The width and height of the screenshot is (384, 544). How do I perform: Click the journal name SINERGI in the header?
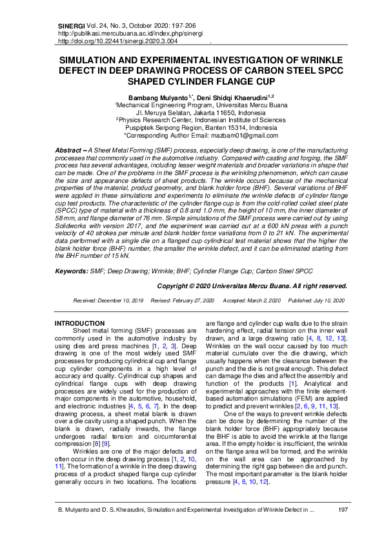[x=70, y=25]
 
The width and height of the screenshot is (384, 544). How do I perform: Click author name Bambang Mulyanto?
[x=157, y=96]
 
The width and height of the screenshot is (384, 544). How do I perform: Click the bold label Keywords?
[x=72, y=271]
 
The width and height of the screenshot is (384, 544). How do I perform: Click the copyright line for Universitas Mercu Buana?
[x=252, y=285]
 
